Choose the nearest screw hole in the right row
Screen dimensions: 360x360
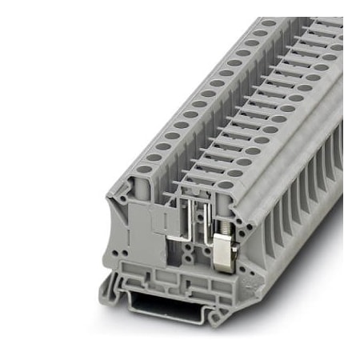[x=226, y=185]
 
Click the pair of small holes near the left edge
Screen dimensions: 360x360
[x=118, y=252]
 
